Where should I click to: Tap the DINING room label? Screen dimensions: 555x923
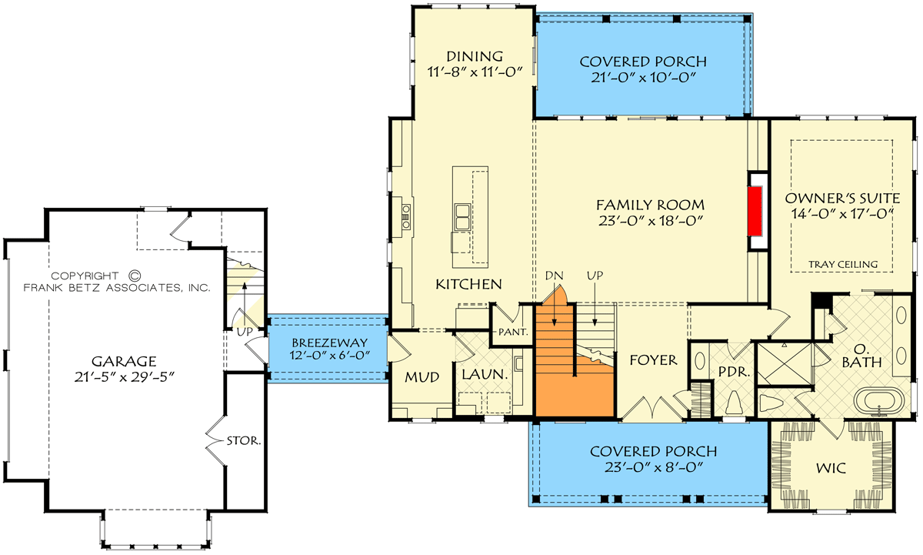click(475, 56)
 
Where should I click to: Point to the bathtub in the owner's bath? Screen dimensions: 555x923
click(881, 403)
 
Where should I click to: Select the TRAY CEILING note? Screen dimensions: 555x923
click(843, 265)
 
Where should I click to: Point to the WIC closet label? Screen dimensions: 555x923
click(831, 466)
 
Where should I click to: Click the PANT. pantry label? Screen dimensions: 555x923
click(512, 333)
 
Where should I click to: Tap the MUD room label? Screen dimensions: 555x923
click(422, 377)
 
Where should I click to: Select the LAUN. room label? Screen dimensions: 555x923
click(484, 375)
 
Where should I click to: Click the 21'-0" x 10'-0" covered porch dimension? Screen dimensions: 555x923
click(643, 77)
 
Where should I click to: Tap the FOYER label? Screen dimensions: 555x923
click(653, 359)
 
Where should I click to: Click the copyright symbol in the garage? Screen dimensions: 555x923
click(134, 275)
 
